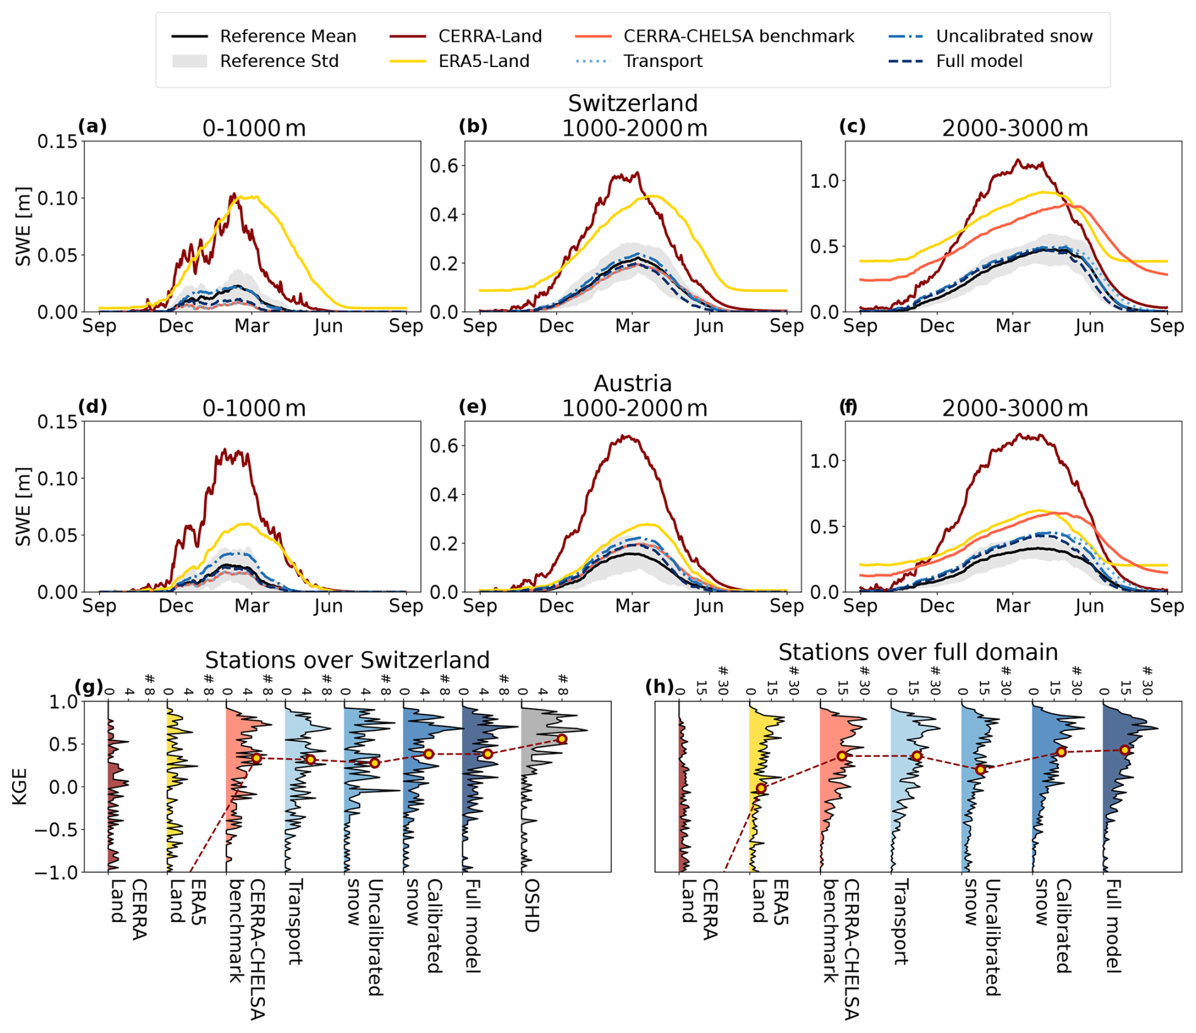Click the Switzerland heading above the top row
click(x=632, y=103)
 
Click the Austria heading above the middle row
click(x=632, y=384)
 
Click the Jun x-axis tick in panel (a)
click(x=328, y=326)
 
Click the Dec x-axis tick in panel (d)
click(x=176, y=606)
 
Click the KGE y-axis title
click(x=20, y=786)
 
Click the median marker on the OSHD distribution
click(x=561, y=739)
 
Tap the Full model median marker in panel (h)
click(x=1124, y=750)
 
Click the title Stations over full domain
click(x=918, y=652)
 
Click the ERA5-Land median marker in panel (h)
click(x=761, y=788)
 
